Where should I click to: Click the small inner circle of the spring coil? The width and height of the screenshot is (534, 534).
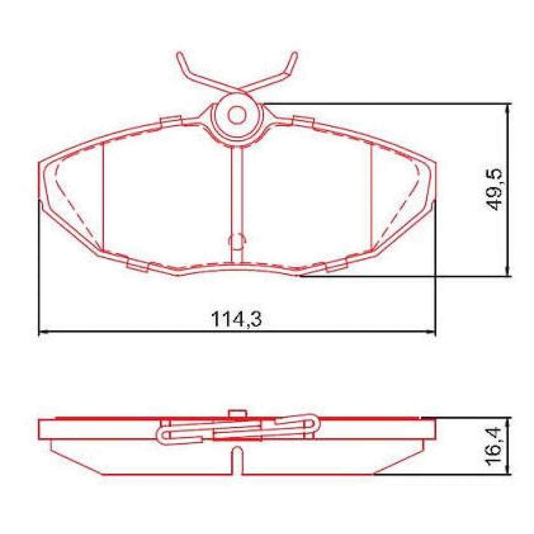point(236,114)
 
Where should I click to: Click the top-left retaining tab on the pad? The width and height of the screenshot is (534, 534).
point(171,121)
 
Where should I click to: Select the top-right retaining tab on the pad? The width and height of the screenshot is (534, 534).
point(304,121)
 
